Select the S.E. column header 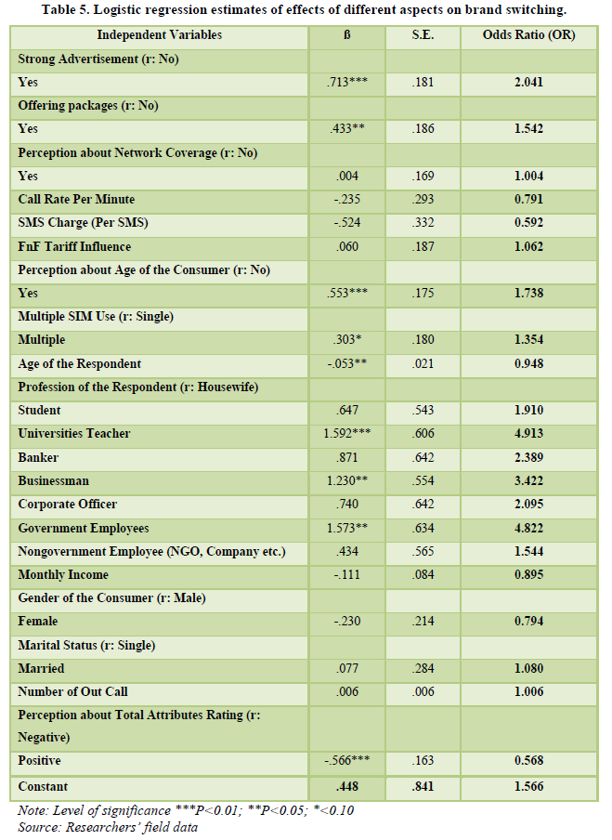[423, 35]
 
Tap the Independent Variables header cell [160, 35]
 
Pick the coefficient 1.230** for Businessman [346, 480]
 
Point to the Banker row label [38, 457]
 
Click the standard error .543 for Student [423, 410]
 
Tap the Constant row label [44, 785]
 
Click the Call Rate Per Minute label [76, 199]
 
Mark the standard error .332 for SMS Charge [423, 223]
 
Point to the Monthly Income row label [63, 574]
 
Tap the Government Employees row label [84, 528]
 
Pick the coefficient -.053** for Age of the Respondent [346, 363]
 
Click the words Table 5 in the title [73, 9]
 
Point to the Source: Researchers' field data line [108, 826]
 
